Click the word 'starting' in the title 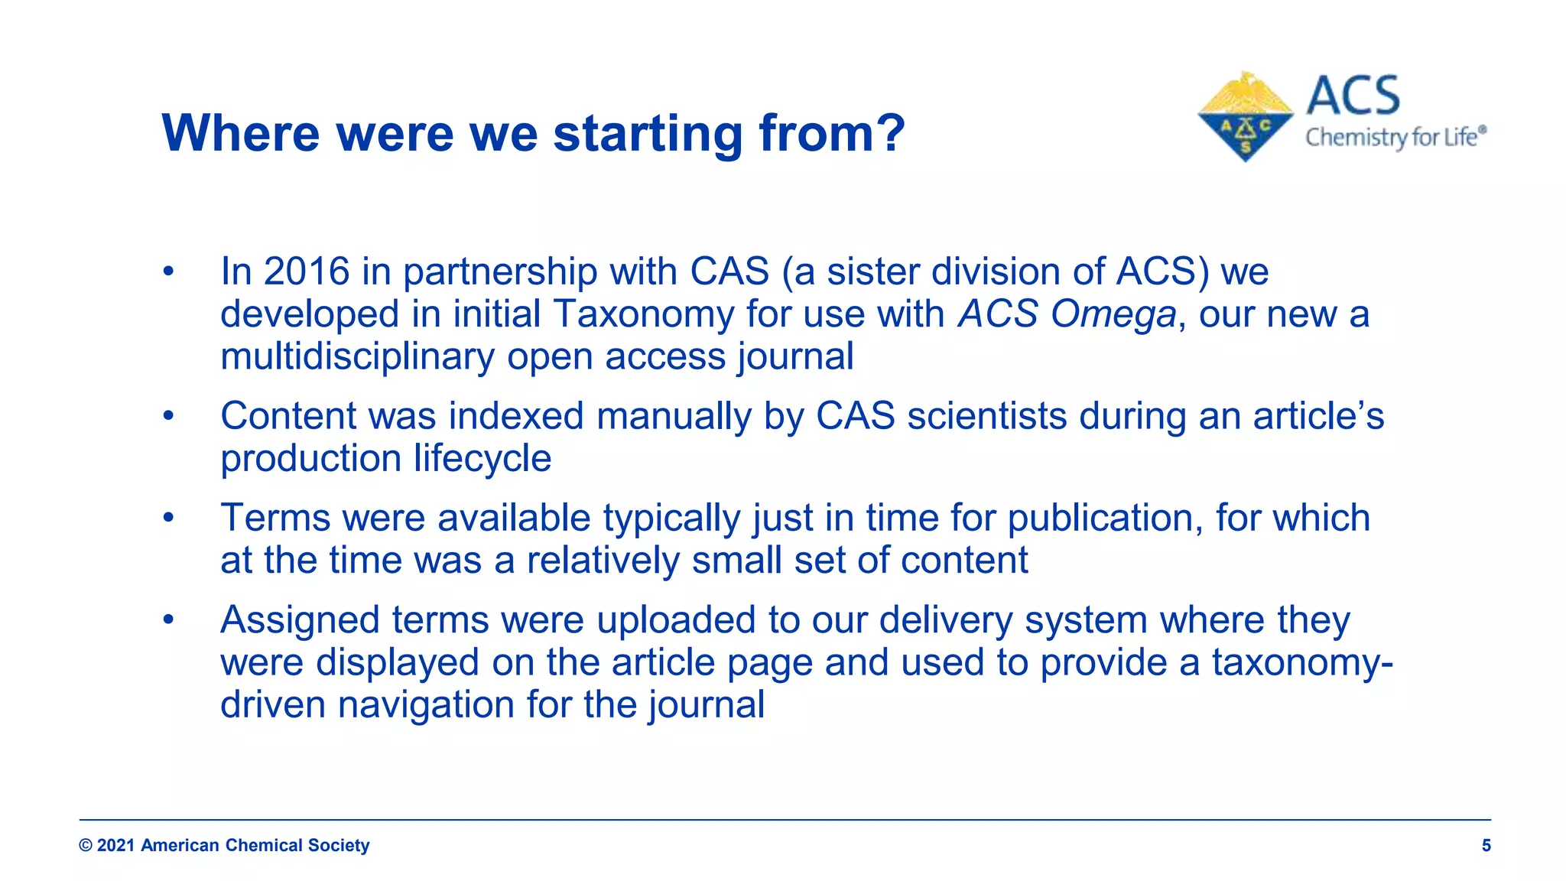[x=648, y=134]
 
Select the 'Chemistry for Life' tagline [x=1395, y=138]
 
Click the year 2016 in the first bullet [x=307, y=271]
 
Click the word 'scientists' [x=986, y=416]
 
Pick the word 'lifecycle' [x=482, y=458]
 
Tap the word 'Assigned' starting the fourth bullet [x=300, y=619]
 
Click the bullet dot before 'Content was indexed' [x=168, y=416]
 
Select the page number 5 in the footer [x=1486, y=845]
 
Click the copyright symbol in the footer [x=86, y=845]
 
